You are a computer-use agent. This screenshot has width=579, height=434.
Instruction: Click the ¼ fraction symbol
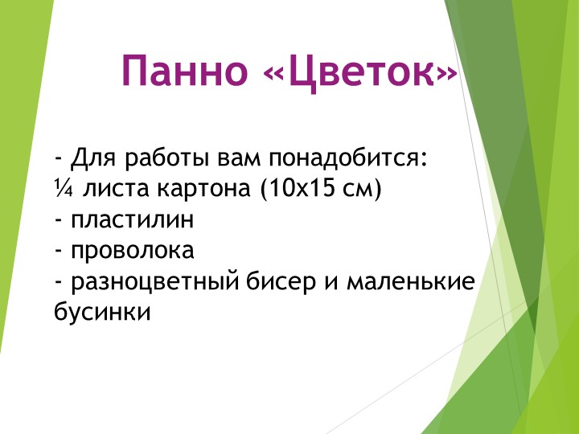tap(62, 189)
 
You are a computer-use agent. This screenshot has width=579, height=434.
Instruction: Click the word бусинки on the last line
tap(102, 313)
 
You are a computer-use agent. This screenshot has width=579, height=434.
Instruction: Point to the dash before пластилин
tap(59, 220)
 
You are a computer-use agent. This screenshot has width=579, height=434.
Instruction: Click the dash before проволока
tap(59, 252)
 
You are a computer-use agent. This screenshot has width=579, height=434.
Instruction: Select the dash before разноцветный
tap(59, 282)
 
